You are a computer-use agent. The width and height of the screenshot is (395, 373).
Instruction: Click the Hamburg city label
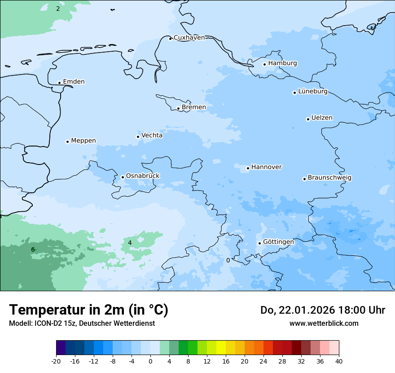(x=282, y=63)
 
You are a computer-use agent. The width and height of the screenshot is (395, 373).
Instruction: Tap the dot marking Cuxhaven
(x=170, y=39)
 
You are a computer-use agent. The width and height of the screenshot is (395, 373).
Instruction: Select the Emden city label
(x=74, y=82)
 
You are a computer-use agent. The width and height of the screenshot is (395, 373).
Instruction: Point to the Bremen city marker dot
(x=178, y=108)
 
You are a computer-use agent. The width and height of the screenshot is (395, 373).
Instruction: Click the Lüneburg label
(x=312, y=92)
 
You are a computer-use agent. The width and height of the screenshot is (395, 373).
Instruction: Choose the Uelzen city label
(x=322, y=118)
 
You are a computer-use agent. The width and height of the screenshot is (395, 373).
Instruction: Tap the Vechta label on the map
(x=152, y=135)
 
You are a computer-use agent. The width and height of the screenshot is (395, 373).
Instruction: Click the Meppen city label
(x=83, y=141)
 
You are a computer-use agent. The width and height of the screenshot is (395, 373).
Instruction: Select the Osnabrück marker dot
(x=123, y=177)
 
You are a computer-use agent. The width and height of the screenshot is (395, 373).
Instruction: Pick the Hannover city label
(x=266, y=167)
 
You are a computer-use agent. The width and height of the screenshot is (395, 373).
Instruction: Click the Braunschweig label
(x=329, y=178)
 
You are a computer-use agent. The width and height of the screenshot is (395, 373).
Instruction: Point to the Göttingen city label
(x=278, y=242)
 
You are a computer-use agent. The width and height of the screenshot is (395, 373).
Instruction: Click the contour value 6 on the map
(x=33, y=249)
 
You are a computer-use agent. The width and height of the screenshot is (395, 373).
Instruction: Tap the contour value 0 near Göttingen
(x=228, y=260)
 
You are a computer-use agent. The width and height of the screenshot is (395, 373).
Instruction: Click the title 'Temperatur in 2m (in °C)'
(x=88, y=310)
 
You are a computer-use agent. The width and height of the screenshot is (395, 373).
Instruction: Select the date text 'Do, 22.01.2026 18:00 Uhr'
(x=322, y=310)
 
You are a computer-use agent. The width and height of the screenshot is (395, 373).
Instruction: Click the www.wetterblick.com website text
(x=324, y=323)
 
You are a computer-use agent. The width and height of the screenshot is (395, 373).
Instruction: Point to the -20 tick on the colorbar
(x=56, y=361)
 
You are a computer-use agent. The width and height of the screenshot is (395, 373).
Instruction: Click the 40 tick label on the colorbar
(x=339, y=361)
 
